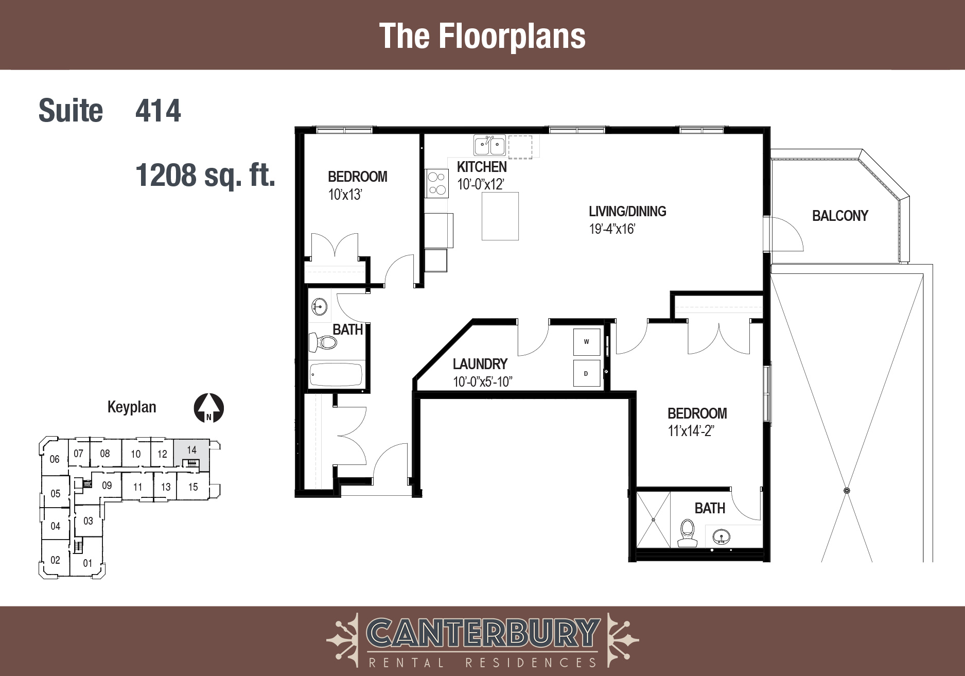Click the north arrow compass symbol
(208, 408)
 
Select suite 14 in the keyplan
(191, 454)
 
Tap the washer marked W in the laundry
(587, 342)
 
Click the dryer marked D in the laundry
(587, 373)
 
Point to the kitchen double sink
(489, 145)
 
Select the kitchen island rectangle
(500, 216)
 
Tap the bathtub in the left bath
(336, 374)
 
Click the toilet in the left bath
(322, 341)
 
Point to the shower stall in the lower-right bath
(654, 519)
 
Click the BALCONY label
(840, 216)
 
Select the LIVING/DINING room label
(627, 211)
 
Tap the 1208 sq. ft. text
(205, 176)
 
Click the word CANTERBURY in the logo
(483, 633)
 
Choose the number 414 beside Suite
(158, 111)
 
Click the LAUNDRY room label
(480, 364)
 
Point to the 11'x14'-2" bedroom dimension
(691, 431)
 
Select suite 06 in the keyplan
(55, 459)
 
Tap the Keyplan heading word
(132, 407)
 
